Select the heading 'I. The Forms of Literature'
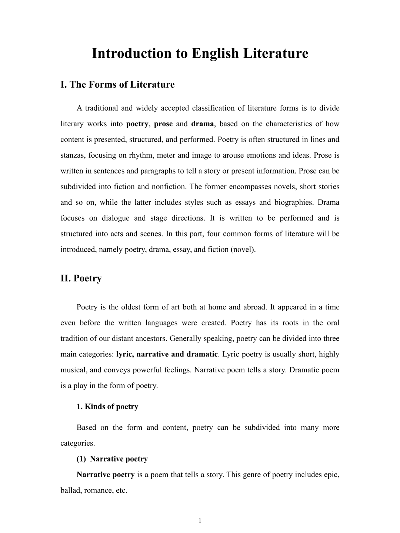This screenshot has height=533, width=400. [x=117, y=84]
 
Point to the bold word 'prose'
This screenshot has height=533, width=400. [x=163, y=124]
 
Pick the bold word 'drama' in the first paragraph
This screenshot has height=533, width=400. [x=203, y=124]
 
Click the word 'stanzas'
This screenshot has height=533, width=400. [x=73, y=155]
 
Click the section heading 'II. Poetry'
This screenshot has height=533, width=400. [x=81, y=278]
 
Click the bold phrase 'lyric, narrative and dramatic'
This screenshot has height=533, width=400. [x=167, y=354]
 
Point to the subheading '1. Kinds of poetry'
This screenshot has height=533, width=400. [x=107, y=406]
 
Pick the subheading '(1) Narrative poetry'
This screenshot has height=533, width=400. [x=112, y=459]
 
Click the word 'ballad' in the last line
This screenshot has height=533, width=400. [x=70, y=490]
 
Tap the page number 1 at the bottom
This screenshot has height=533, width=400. [x=200, y=521]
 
